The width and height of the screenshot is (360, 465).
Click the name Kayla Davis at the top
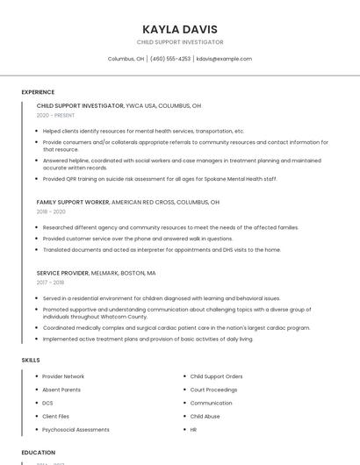[180, 29]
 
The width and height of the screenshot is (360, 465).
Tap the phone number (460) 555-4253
[169, 59]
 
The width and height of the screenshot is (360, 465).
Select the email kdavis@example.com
[224, 59]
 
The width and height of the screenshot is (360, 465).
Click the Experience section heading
[38, 91]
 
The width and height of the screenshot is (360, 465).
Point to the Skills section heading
[31, 360]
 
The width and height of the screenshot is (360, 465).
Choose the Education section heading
[38, 453]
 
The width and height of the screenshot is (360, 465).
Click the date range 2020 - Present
[55, 115]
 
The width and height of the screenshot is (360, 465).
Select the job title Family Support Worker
[73, 202]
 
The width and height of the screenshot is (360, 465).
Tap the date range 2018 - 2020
[51, 211]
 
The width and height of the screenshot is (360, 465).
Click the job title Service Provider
[62, 273]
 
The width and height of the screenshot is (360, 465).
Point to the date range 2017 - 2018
[50, 283]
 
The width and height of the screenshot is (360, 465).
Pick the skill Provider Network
[63, 376]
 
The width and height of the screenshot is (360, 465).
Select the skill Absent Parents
[61, 390]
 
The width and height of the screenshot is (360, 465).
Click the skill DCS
[47, 403]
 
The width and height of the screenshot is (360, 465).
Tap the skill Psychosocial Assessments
[76, 430]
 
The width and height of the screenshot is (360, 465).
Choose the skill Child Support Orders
[216, 376]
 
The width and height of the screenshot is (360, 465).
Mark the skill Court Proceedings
[213, 390]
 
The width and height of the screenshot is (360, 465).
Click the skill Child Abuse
[205, 416]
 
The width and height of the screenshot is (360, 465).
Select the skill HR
[193, 430]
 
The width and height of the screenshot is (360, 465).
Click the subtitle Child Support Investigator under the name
[180, 42]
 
